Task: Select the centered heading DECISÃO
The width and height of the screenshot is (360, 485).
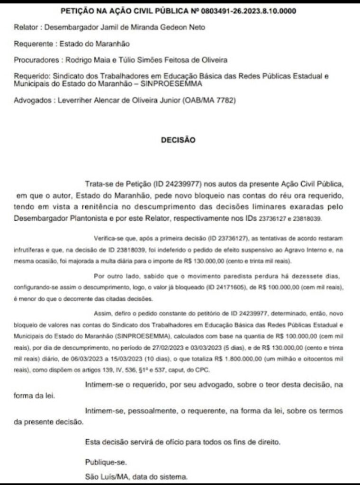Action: pos(180,140)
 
